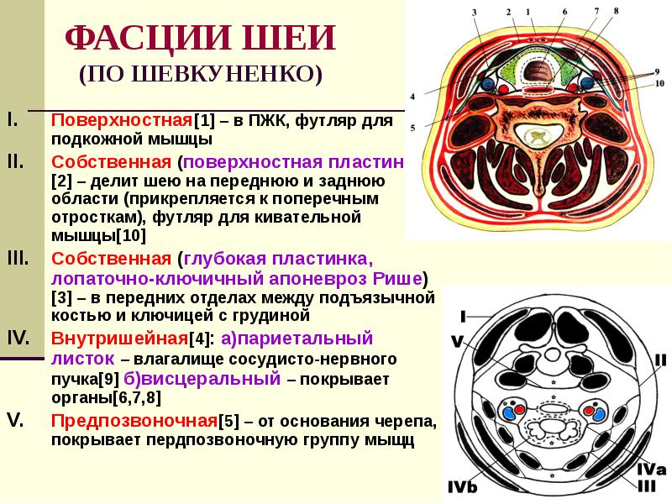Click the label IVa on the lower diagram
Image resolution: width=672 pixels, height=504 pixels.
[652, 469]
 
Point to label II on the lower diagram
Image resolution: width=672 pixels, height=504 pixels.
[661, 360]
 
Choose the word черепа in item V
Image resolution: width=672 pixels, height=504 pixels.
[409, 419]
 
